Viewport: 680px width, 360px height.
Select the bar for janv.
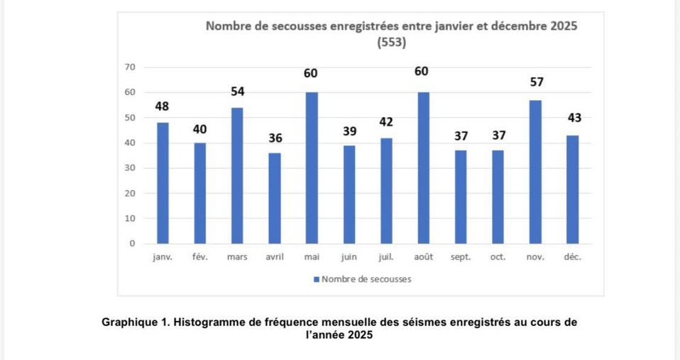pos(163,183)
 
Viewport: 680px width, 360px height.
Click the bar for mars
pos(237,175)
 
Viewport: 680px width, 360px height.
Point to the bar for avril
pos(274,198)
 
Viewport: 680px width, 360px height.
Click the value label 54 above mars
pos(237,92)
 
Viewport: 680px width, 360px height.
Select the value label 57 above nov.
pos(537,82)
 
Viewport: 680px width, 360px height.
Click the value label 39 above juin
pos(349,131)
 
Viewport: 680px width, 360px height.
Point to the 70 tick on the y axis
pos(129,67)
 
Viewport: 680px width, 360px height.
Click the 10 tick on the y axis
pos(129,218)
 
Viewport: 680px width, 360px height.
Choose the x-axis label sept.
pos(461,257)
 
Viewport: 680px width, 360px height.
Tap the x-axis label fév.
pos(199,257)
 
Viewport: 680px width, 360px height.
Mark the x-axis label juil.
pos(386,257)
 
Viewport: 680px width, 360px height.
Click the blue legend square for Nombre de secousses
pos(317,279)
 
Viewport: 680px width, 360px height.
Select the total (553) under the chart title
pos(391,43)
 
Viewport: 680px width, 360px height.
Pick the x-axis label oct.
pos(498,257)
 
